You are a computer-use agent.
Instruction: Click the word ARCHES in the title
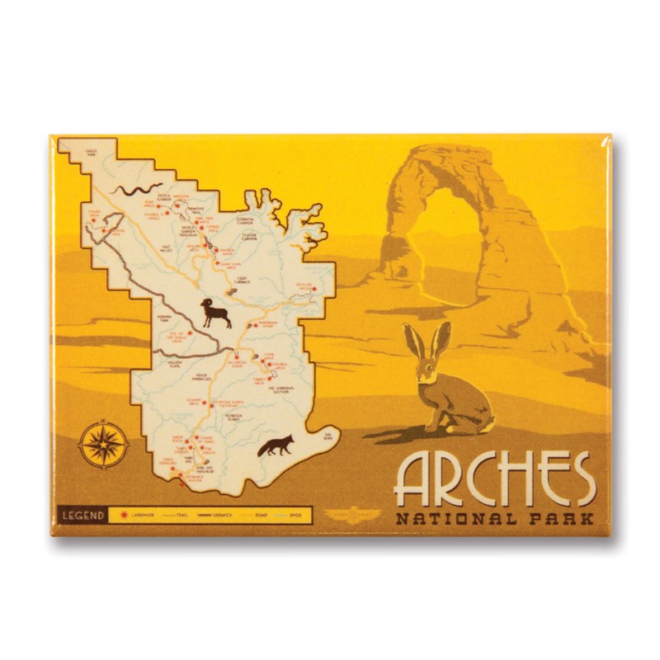493,478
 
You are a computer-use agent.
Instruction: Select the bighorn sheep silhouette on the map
219,312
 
